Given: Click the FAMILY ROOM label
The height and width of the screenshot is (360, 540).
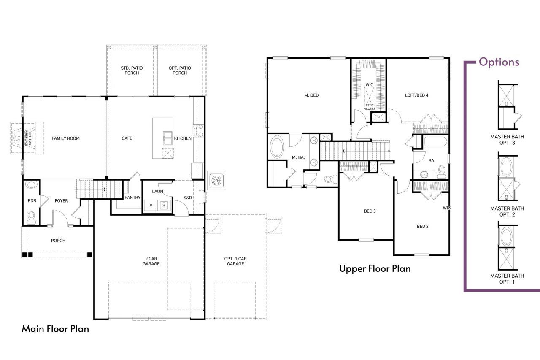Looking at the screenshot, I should click(x=65, y=138).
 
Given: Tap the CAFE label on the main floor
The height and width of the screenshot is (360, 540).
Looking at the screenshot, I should click(x=127, y=138).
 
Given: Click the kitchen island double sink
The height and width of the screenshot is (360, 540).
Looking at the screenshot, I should click(x=168, y=138).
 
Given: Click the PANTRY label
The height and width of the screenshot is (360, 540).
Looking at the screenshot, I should click(x=132, y=198).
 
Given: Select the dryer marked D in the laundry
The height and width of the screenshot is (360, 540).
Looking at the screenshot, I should click(x=151, y=206).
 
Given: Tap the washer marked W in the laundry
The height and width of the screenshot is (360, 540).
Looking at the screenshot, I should click(x=164, y=206).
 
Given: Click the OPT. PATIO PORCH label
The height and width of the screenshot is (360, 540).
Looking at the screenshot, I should click(x=180, y=70).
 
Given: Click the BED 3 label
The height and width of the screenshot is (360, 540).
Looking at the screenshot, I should click(x=370, y=211).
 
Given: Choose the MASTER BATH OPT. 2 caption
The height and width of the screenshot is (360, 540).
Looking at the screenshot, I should click(x=507, y=211).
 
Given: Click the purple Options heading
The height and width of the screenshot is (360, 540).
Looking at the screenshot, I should click(x=499, y=62).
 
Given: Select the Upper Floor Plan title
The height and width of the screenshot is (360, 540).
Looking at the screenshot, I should click(x=375, y=268).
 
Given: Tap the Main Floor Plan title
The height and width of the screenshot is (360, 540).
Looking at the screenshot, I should click(x=55, y=329).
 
